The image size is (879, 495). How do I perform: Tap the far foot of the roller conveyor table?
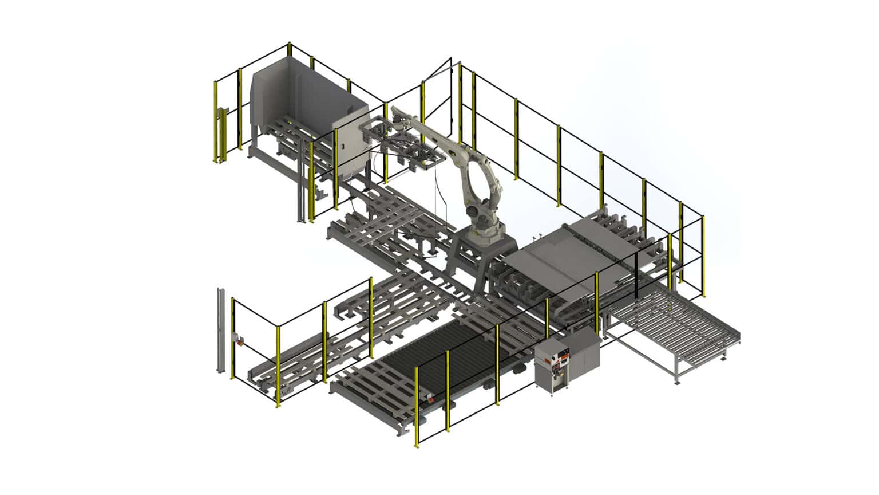point(726,359)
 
